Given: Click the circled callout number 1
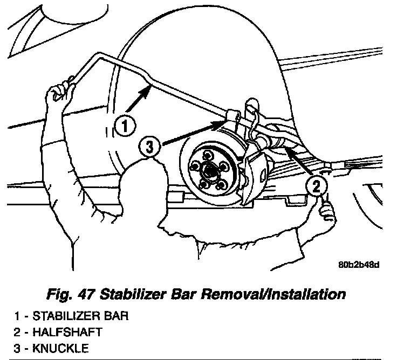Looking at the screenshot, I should (x=124, y=127).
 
